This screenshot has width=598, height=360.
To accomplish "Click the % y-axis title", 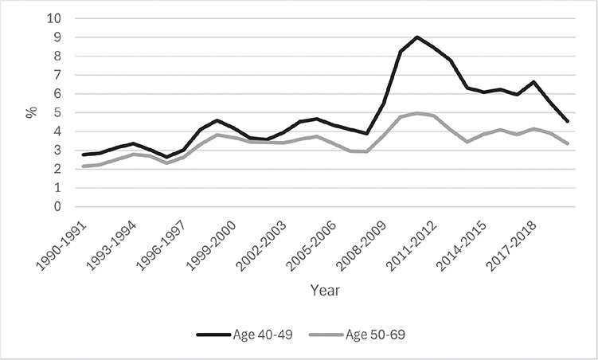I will tap(31, 112).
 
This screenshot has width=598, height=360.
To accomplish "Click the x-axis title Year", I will tap(325, 290).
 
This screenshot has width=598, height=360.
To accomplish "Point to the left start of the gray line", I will tap(83, 166).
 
